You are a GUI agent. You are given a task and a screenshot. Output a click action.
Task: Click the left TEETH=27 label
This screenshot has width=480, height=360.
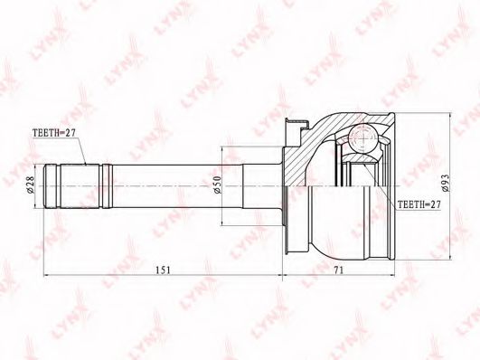[54, 132]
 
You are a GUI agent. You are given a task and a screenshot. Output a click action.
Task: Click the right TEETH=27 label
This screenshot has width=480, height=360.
[419, 204]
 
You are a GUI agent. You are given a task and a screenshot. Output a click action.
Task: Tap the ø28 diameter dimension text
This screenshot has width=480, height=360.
[30, 185]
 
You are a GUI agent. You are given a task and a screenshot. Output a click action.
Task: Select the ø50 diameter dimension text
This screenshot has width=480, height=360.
[217, 185]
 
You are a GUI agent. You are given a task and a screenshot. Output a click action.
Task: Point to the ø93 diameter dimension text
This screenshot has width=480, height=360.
[445, 184]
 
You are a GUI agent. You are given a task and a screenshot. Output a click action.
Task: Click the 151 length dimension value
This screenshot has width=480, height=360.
[162, 270]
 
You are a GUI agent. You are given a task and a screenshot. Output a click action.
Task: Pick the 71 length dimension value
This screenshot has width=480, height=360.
[339, 270]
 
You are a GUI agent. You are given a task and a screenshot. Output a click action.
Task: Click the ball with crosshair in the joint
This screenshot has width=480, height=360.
[363, 137]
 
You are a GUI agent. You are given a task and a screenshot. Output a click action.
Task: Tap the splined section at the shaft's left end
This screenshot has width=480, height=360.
[80, 186]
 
